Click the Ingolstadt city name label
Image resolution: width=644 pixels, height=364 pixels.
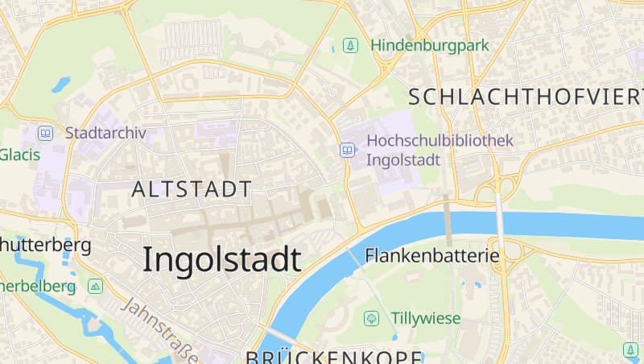[x=222, y=259]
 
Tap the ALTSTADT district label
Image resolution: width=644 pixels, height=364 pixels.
[x=192, y=190]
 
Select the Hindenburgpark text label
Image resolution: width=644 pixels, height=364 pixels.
[x=430, y=45]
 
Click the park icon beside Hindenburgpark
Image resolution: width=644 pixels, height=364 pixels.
[x=350, y=45]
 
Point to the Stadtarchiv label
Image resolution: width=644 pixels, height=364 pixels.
[x=105, y=133]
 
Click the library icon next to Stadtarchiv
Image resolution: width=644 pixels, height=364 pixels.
[x=46, y=133]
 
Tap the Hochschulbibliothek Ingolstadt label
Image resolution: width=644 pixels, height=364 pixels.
[x=440, y=150]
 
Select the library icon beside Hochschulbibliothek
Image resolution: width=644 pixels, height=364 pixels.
[x=347, y=150]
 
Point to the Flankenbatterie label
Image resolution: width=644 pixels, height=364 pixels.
[x=432, y=256]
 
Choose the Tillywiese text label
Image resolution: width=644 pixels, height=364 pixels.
[x=426, y=318]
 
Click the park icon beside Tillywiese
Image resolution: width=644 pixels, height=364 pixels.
[x=371, y=318]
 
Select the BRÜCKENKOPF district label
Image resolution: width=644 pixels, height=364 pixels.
[x=333, y=358]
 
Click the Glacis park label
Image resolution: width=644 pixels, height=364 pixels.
[x=19, y=155]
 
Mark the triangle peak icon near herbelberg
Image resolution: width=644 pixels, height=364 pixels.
[x=96, y=286]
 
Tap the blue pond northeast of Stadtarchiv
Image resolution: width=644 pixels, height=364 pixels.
[x=61, y=84]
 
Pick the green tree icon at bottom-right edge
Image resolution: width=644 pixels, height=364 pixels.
[x=630, y=350]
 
